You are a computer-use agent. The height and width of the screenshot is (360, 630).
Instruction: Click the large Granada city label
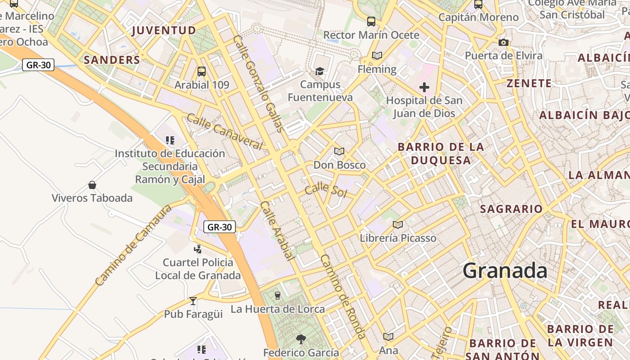(x=505, y=271)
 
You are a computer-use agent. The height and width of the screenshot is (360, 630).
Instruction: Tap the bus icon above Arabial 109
(x=202, y=71)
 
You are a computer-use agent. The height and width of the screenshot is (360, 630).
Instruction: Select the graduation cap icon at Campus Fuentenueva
(x=320, y=71)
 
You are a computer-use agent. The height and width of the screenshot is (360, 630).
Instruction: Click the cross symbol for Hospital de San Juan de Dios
(x=424, y=87)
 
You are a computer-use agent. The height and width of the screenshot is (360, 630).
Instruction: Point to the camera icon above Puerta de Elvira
(x=504, y=42)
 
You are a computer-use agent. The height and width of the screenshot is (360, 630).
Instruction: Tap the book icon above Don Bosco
(x=339, y=152)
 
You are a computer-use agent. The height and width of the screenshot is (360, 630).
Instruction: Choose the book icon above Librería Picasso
(x=398, y=225)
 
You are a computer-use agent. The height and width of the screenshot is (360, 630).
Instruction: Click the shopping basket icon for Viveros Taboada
(x=92, y=185)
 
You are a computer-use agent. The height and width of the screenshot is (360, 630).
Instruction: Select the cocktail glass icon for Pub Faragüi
(x=193, y=301)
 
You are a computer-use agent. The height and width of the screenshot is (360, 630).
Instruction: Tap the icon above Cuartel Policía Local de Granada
(x=198, y=249)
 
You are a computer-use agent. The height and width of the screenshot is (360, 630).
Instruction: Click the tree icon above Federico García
(x=301, y=339)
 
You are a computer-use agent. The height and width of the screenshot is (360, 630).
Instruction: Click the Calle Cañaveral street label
(x=224, y=131)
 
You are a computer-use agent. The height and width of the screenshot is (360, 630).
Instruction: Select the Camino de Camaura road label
(x=134, y=245)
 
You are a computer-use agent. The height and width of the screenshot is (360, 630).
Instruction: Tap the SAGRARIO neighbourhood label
(x=511, y=209)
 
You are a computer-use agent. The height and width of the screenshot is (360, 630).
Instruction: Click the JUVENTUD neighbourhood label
(x=164, y=30)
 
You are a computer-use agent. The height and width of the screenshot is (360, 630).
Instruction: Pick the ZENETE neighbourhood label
(x=529, y=83)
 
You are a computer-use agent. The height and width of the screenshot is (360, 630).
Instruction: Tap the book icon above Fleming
(x=377, y=55)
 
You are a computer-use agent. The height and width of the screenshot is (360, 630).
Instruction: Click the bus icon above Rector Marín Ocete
(x=371, y=21)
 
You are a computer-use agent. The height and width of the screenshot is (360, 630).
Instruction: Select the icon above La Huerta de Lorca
(x=278, y=295)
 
